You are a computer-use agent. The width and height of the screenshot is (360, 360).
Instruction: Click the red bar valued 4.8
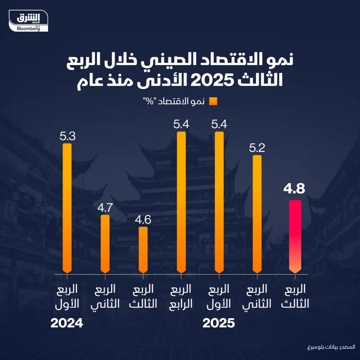click(x=295, y=237)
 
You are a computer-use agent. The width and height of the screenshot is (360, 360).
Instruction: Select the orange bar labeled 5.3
click(x=67, y=208)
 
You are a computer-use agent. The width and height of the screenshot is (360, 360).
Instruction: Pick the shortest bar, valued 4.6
click(x=143, y=250)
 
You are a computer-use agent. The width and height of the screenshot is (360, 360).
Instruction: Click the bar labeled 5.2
click(x=257, y=214)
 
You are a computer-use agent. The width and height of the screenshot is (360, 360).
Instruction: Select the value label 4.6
click(x=143, y=219)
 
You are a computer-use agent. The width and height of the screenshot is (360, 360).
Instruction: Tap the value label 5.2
click(x=257, y=147)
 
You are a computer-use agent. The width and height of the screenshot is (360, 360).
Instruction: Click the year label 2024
click(x=67, y=323)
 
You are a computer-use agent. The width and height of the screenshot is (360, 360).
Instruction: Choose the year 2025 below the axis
click(x=219, y=323)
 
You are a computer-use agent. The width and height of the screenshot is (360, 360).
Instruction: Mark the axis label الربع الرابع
click(x=181, y=296)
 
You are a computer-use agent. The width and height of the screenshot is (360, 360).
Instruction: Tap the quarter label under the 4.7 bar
click(x=105, y=296)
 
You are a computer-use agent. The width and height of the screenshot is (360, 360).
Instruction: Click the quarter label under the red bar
click(x=295, y=296)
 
